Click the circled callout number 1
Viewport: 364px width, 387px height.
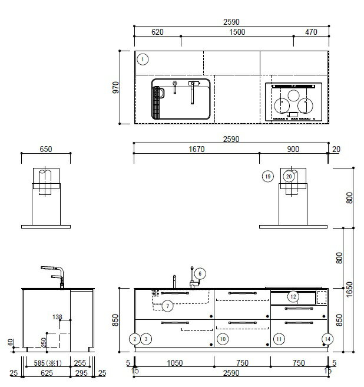pos(143,59)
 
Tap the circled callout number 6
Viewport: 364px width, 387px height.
pos(200,273)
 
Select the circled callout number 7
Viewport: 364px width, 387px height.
pos(167,306)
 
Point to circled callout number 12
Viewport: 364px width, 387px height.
pos(293,297)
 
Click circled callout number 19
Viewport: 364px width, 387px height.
pos(268,177)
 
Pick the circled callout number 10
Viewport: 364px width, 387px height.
pos(223,339)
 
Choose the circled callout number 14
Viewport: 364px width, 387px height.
pos(327,339)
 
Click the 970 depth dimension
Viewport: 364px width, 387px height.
pos(115,87)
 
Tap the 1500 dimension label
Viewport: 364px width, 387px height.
pos(237,32)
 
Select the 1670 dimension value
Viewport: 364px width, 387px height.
pos(197,149)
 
